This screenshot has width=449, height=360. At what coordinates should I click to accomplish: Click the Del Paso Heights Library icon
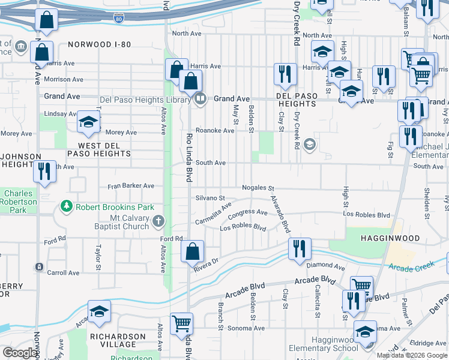(200, 99)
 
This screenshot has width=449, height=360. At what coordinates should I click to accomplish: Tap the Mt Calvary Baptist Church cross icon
(158, 221)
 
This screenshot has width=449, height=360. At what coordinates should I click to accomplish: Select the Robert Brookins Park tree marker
(66, 208)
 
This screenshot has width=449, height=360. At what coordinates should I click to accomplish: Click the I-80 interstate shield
(119, 18)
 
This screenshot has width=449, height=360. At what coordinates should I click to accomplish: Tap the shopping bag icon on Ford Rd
(193, 252)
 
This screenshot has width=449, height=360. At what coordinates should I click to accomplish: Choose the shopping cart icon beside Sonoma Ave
(182, 324)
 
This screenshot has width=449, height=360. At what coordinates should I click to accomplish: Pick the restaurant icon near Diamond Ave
(300, 248)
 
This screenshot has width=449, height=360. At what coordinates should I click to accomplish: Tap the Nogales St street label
(258, 188)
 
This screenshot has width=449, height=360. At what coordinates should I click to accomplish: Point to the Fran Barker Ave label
(131, 187)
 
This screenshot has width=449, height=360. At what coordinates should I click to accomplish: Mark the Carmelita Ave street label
(213, 214)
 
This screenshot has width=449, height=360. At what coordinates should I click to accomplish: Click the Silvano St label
(210, 198)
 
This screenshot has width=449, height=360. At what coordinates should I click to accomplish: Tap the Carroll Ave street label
(63, 273)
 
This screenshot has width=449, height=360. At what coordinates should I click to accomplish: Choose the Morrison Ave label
(64, 79)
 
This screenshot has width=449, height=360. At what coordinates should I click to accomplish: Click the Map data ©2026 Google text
(411, 355)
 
